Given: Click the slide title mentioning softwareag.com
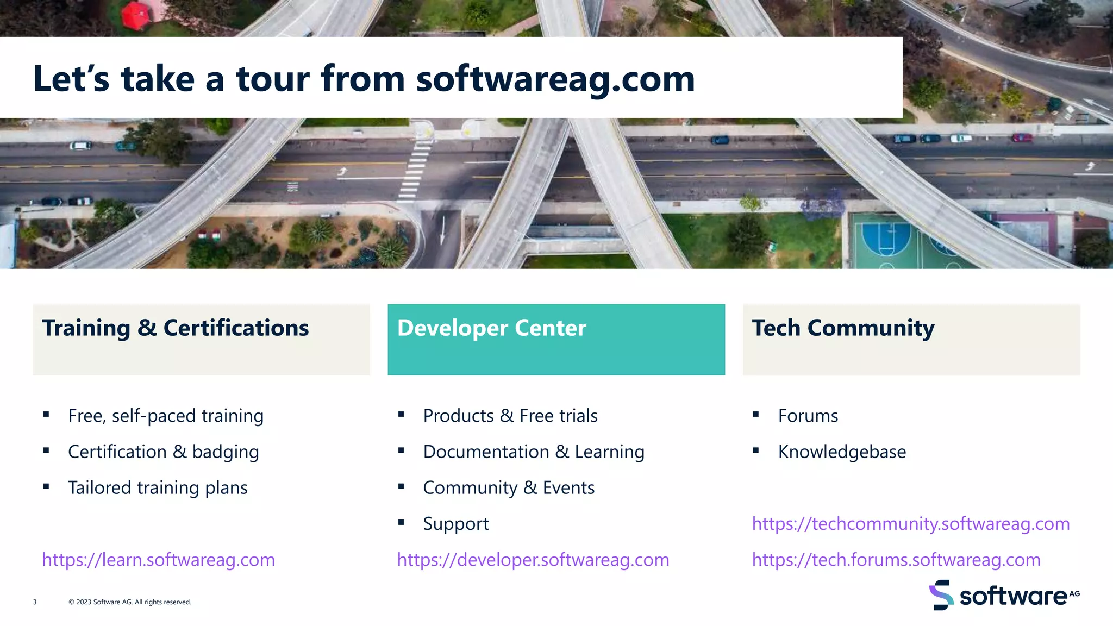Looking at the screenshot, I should (x=364, y=79).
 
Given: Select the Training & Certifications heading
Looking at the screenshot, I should (x=176, y=328).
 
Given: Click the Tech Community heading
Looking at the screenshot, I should (x=843, y=328).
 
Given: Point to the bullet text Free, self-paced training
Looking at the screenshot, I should (x=166, y=416).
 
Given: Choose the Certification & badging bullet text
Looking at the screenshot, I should (x=164, y=452).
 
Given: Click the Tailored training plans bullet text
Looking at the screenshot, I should (x=158, y=487).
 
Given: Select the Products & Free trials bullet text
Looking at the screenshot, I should (x=510, y=416).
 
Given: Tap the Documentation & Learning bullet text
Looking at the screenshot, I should (x=534, y=452).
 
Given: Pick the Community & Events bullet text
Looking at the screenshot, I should (x=509, y=487).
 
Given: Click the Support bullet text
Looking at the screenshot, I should (x=456, y=524).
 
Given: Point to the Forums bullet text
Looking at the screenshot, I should (x=808, y=416).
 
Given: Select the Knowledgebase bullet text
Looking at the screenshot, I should (x=842, y=452).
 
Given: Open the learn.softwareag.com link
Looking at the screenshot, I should (x=159, y=560).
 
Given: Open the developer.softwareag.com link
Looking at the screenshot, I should (x=533, y=560).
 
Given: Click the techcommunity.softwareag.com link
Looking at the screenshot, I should (x=911, y=524).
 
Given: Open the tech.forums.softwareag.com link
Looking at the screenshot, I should (x=896, y=560).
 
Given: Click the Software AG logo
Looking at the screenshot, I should (x=1004, y=596).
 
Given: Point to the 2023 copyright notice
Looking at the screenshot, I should (x=130, y=602).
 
